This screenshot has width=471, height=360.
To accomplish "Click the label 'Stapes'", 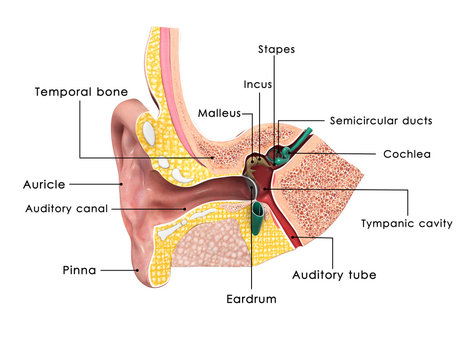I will (x=276, y=48).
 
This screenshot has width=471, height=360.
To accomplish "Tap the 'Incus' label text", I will (x=256, y=84).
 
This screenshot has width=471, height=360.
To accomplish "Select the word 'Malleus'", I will (x=217, y=113).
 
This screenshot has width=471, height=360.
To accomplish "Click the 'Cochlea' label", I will (x=407, y=154).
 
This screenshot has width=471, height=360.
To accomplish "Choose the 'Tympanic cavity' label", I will (x=407, y=223).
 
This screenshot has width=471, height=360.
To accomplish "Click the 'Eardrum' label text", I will (x=252, y=298).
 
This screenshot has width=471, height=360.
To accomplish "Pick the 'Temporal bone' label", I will (x=82, y=91).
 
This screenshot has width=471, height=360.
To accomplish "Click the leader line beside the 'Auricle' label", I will (x=95, y=184).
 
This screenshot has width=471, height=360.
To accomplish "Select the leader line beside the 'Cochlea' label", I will (x=340, y=154).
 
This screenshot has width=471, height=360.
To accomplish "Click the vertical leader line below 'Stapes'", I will (x=275, y=90).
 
